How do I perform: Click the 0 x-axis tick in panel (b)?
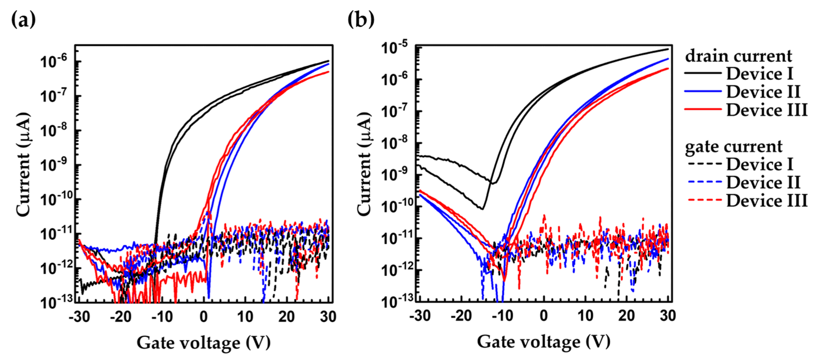[544, 316]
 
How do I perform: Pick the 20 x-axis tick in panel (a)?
[286, 317]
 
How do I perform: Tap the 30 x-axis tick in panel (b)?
[668, 316]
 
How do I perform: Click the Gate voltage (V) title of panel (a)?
[204, 343]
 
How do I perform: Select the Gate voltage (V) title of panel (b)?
[544, 342]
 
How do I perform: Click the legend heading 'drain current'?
[738, 56]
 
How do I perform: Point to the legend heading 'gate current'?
[734, 146]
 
